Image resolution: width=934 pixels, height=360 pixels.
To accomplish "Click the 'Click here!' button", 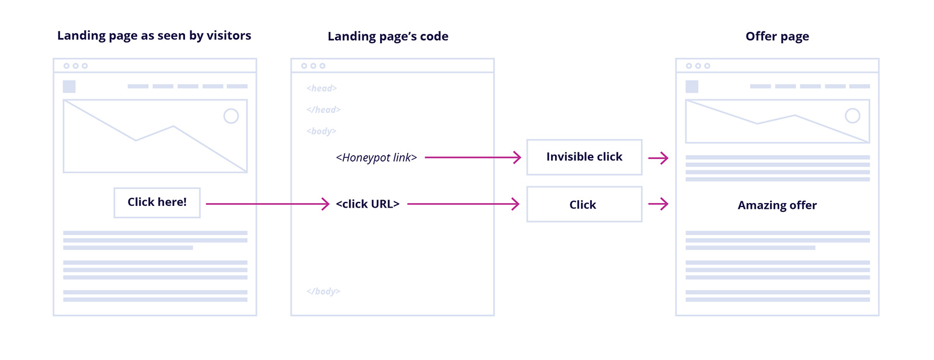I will click(x=157, y=202).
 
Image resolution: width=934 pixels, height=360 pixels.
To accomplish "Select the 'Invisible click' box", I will click(x=584, y=157).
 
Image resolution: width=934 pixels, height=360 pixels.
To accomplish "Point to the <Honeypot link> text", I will click(x=377, y=158).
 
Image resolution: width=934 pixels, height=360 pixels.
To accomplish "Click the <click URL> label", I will click(x=368, y=204).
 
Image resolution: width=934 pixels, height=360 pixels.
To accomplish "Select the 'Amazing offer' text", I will click(x=777, y=205).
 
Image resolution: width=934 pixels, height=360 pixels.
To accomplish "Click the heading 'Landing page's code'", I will click(x=388, y=36).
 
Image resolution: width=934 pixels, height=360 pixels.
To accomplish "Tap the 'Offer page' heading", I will click(x=777, y=36).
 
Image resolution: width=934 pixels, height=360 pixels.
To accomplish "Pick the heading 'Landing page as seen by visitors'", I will click(x=154, y=36).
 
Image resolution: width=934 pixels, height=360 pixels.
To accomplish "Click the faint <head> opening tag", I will click(x=322, y=88).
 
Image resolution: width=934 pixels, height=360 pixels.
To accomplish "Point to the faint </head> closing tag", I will click(x=323, y=110).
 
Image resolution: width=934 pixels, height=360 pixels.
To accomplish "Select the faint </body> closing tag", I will click(x=323, y=291).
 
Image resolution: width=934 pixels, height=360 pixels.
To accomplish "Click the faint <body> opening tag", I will click(x=322, y=131).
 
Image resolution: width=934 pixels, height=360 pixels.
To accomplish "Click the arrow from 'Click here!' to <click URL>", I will click(x=267, y=204).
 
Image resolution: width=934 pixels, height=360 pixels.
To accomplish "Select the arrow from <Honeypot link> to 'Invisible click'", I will click(x=473, y=157).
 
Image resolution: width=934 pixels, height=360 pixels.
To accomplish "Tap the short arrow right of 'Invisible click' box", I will click(x=658, y=158).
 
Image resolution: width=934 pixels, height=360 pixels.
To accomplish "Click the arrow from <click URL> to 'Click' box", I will click(x=463, y=204).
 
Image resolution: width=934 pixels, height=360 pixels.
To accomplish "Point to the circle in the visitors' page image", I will click(x=231, y=116).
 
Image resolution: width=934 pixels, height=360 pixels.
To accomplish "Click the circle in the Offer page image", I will click(x=852, y=116).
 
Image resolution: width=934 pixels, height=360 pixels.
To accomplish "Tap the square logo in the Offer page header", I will click(x=692, y=86).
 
